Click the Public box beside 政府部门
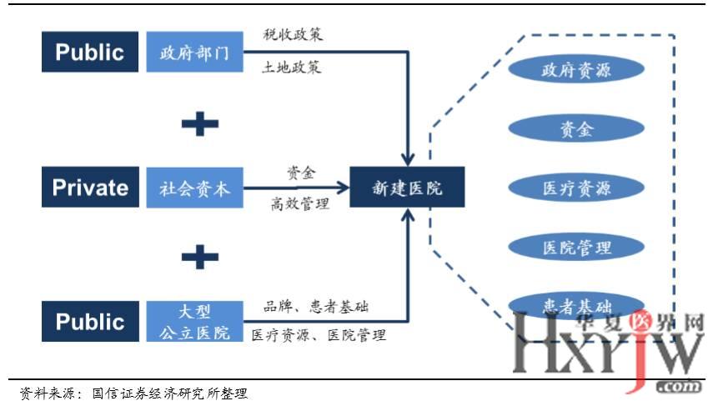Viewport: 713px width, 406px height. coord(89,53)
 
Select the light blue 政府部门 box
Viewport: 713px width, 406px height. coord(193,53)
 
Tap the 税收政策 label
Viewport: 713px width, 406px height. coord(292,35)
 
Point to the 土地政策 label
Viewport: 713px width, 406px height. coord(292,68)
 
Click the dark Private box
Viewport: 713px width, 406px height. coord(89,187)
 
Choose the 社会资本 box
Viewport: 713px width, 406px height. coord(193,188)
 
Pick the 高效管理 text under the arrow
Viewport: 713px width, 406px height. coord(299,203)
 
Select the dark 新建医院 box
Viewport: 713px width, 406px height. coord(407,188)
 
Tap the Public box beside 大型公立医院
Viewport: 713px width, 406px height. coord(89,322)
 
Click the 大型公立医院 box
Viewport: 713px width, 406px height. coord(193,322)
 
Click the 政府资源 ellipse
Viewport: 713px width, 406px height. coord(576,69)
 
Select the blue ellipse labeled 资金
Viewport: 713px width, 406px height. coord(576,128)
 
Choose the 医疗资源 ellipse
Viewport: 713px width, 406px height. coord(576,187)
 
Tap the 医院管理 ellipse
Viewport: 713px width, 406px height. coord(576,246)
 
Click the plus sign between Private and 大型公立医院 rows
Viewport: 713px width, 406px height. coord(199,255)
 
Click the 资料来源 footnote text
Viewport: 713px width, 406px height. coord(133,393)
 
